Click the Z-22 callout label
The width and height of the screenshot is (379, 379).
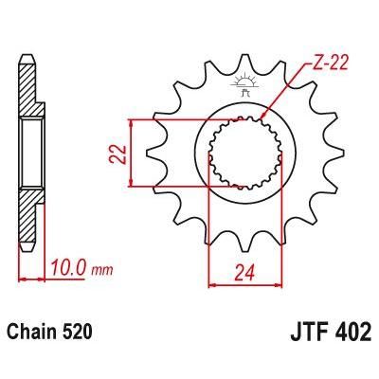point(327,64)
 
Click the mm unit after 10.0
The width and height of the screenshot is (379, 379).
point(104,270)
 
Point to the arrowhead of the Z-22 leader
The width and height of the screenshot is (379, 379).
point(262,119)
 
